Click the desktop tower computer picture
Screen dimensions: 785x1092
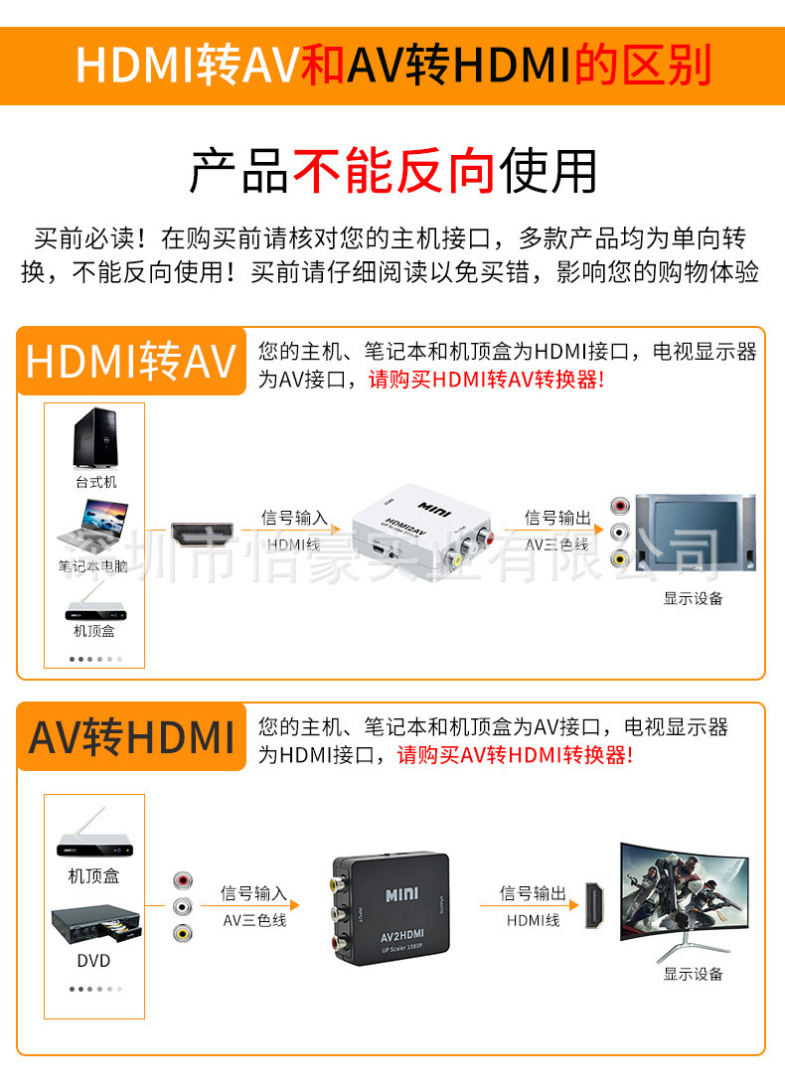coord(95,438)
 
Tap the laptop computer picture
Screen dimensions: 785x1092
coord(93,529)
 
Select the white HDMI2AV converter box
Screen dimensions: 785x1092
coord(422,532)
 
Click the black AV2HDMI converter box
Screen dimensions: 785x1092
coord(392,909)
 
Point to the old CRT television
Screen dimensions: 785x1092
coord(696,533)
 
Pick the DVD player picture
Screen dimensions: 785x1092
coord(96,924)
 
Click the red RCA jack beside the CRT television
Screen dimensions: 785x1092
coord(619,506)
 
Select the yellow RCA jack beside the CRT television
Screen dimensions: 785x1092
coord(619,557)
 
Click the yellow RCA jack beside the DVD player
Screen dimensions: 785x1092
coord(183,932)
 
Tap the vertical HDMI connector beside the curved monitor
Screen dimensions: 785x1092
coord(594,904)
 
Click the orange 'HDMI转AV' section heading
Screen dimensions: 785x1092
coord(131,362)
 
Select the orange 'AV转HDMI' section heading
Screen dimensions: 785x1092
coord(131,737)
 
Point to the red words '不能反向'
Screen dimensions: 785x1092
coord(394,171)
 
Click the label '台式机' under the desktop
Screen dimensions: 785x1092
coord(96,482)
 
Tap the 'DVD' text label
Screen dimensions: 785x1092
coord(94,961)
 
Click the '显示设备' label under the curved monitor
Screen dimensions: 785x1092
coord(693,974)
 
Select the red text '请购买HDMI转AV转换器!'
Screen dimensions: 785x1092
coord(486,380)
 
